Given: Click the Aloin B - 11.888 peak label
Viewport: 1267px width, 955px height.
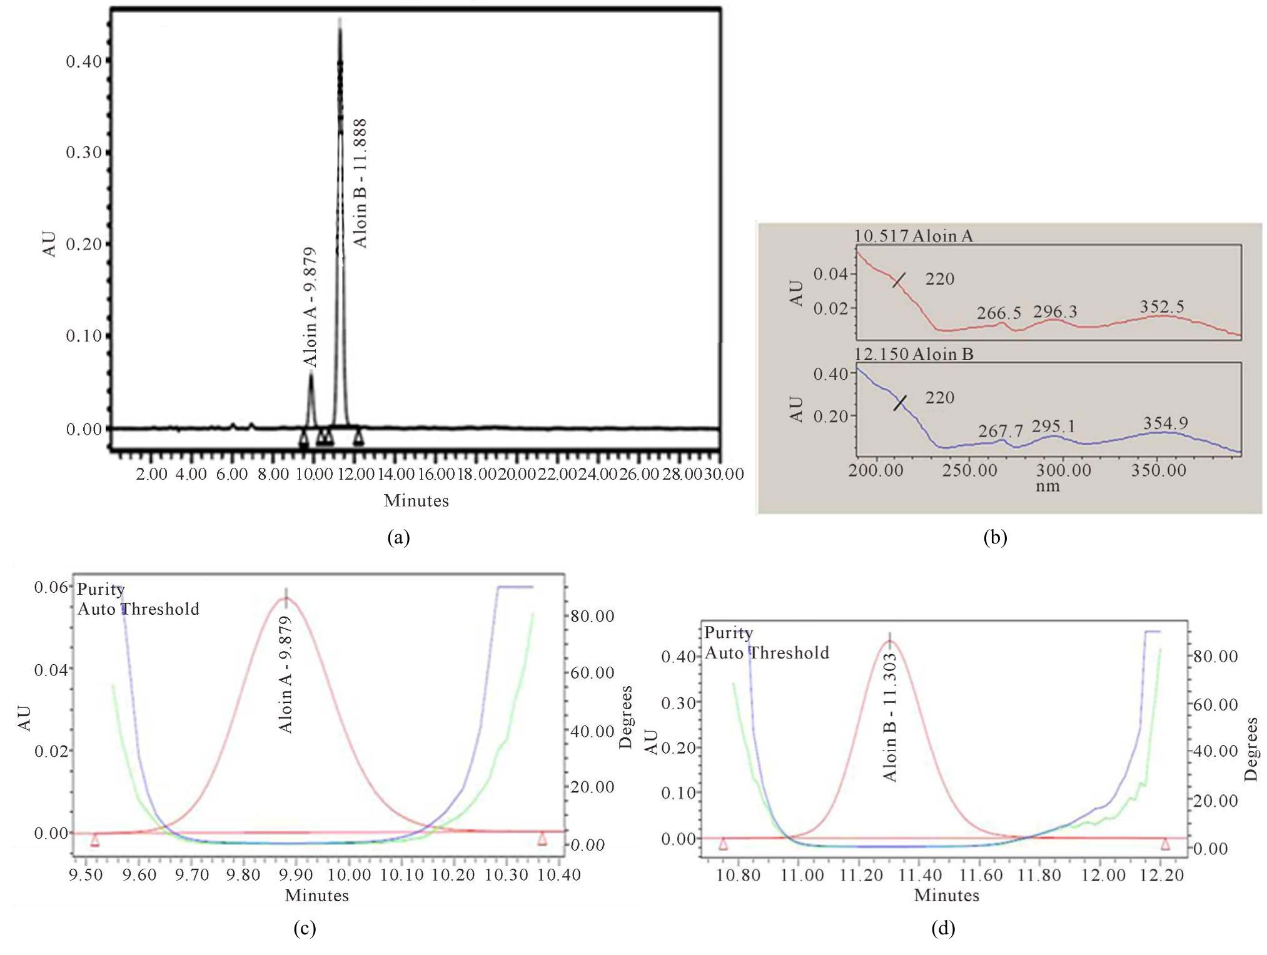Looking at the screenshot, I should (x=360, y=183).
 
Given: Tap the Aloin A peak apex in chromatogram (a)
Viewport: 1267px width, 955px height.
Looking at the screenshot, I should (x=311, y=373).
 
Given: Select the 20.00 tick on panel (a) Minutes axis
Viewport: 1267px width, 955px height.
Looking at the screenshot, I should (x=517, y=474).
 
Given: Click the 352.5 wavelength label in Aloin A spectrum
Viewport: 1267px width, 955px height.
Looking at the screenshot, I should (x=1162, y=306).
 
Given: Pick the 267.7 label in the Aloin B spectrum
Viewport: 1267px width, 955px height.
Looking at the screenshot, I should (x=1001, y=431).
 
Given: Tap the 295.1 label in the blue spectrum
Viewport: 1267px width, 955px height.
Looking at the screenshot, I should (x=1054, y=426).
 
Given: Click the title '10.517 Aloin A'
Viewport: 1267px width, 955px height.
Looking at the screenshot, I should (x=914, y=236).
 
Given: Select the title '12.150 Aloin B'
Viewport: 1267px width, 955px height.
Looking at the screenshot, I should (x=914, y=354).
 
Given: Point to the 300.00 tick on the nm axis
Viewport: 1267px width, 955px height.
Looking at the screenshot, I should (x=1063, y=470).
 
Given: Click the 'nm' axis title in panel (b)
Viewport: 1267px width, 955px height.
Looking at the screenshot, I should (x=1047, y=486).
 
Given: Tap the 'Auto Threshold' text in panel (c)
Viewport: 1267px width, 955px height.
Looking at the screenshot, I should (x=138, y=609).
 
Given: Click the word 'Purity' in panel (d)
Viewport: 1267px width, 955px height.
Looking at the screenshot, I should (x=729, y=632).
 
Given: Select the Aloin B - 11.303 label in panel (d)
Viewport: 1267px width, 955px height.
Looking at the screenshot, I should (x=891, y=717).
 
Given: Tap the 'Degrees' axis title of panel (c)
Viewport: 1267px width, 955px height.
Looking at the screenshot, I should (x=625, y=717).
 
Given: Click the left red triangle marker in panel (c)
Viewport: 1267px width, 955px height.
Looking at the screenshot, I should (x=95, y=840).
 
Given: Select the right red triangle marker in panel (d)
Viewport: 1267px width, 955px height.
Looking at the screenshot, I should (x=1165, y=844).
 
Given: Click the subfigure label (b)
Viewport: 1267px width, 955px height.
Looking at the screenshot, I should (x=995, y=537).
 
